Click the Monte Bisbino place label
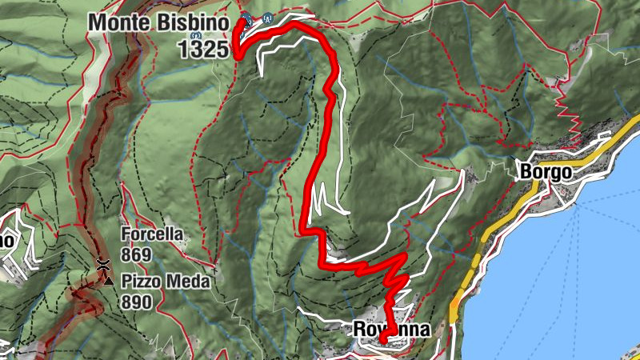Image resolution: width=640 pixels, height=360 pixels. tap(159, 22)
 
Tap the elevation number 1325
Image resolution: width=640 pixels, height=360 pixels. tap(205, 48)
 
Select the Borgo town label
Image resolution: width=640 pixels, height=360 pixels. tap(545, 171)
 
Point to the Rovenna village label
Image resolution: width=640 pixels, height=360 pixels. tap(391, 330)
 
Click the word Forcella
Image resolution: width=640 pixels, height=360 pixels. tap(152, 235)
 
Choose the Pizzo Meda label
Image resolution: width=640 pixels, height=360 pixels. tap(166, 282)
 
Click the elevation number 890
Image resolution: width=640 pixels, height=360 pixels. tap(138, 302)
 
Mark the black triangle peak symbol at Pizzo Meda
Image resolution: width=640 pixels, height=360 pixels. tap(108, 280)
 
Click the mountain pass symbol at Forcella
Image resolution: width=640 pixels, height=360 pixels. tap(103, 263)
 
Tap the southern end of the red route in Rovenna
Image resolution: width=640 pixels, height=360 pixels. tap(383, 341)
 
